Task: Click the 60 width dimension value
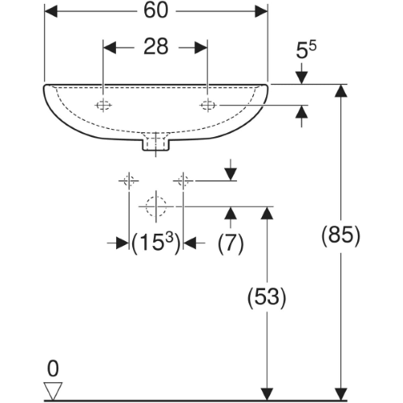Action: [x=156, y=10]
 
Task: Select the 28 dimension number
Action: [x=156, y=47]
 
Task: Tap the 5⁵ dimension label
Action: [x=306, y=49]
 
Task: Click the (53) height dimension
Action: [x=267, y=297]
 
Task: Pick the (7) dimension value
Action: [x=231, y=243]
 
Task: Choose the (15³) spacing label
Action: [x=156, y=243]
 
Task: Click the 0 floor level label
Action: [x=52, y=369]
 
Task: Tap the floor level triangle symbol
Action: [x=53, y=391]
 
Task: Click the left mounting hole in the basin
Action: [x=103, y=105]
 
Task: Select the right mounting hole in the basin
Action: [x=207, y=105]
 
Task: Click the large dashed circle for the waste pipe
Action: [x=156, y=206]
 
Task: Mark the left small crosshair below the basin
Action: [x=129, y=181]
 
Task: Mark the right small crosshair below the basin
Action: [x=183, y=181]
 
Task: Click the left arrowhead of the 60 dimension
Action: [x=51, y=11]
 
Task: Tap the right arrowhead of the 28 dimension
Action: [x=201, y=48]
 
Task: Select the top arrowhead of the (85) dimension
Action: [x=341, y=90]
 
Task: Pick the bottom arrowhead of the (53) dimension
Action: [x=267, y=394]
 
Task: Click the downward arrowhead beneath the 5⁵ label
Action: [x=301, y=78]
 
